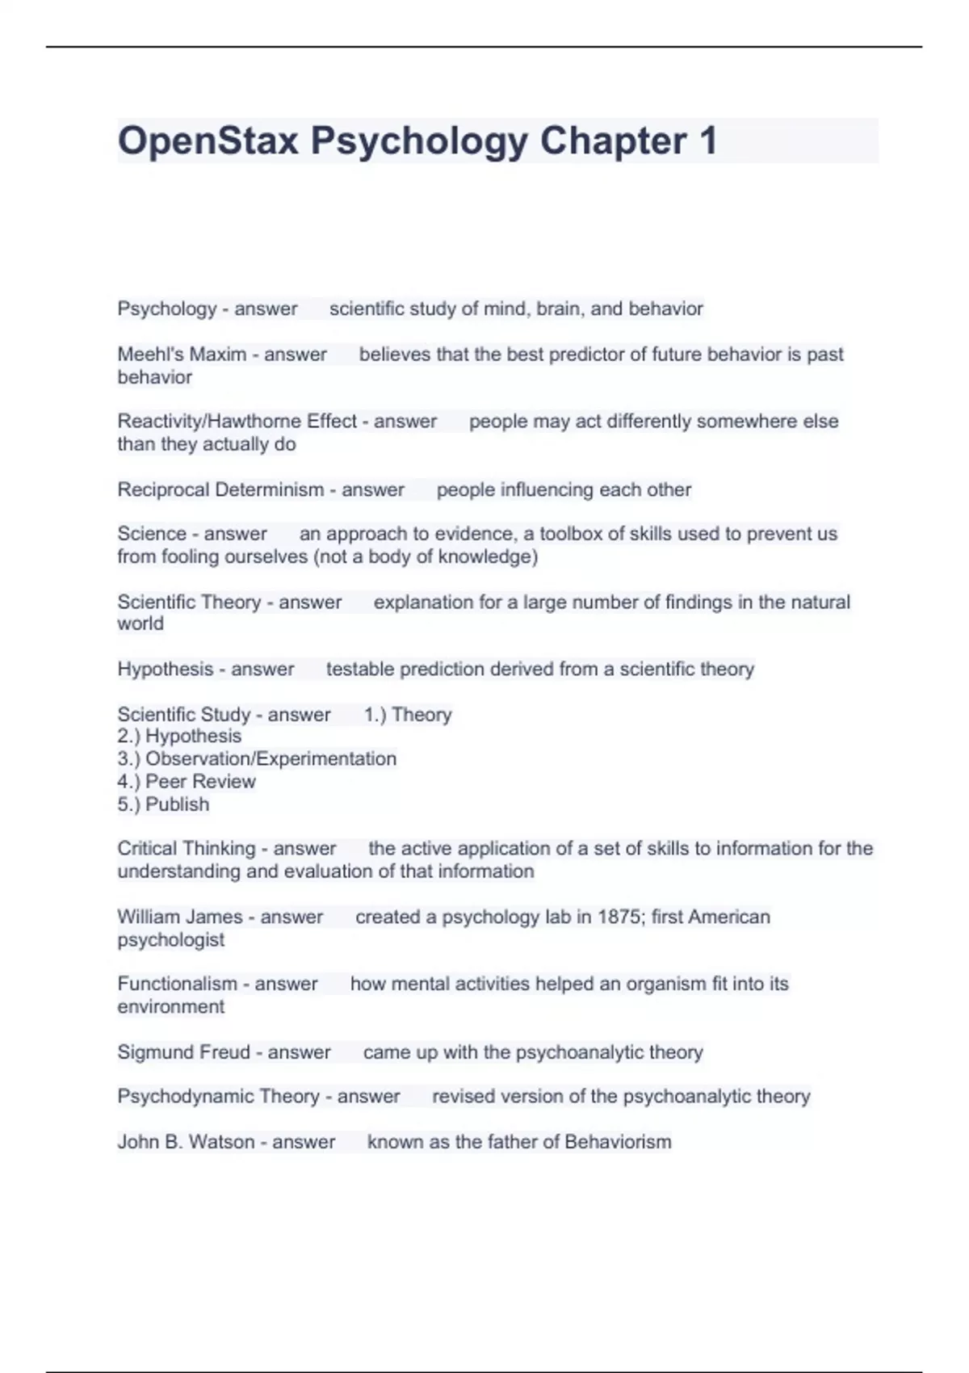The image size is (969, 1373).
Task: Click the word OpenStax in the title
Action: coord(208,141)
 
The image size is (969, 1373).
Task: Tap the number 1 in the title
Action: coord(707,141)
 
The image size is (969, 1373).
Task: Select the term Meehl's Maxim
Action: coord(182,355)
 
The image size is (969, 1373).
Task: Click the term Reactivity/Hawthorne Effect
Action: coord(237,422)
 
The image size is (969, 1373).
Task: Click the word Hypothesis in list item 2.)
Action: coord(193,737)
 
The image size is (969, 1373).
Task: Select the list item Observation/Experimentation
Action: coord(271,759)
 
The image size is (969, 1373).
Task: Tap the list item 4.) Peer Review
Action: coord(187,782)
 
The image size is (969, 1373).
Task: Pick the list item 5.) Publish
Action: coord(163,804)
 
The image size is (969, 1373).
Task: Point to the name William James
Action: coord(179,917)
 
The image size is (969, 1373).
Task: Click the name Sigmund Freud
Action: coord(183,1052)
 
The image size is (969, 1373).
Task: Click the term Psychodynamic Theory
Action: coord(218,1097)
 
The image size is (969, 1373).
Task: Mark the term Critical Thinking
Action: coord(186,849)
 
